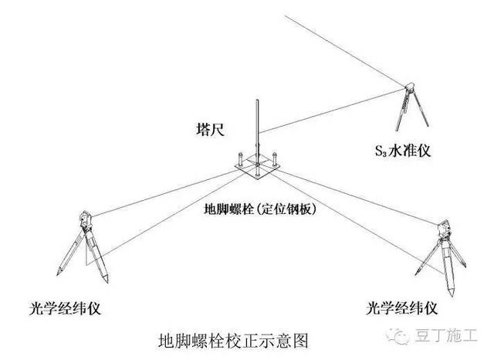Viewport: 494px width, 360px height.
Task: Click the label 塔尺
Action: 210,130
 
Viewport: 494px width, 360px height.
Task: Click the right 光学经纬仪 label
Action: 401,309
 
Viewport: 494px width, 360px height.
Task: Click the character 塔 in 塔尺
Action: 203,130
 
